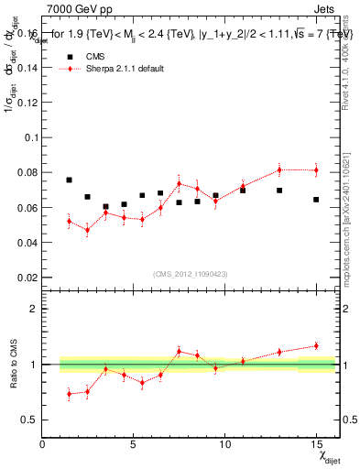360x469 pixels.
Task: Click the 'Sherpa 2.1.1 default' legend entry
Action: pyautogui.click(x=115, y=69)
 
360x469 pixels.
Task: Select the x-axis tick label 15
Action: pyautogui.click(x=316, y=444)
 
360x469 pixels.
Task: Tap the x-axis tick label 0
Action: pyautogui.click(x=42, y=444)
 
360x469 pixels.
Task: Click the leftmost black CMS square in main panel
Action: pyautogui.click(x=70, y=180)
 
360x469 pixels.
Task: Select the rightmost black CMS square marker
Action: pyautogui.click(x=316, y=200)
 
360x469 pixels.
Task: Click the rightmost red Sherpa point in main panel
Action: pyautogui.click(x=316, y=170)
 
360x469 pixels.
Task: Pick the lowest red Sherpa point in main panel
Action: pyautogui.click(x=88, y=230)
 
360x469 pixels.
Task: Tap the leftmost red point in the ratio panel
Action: pyautogui.click(x=70, y=394)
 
